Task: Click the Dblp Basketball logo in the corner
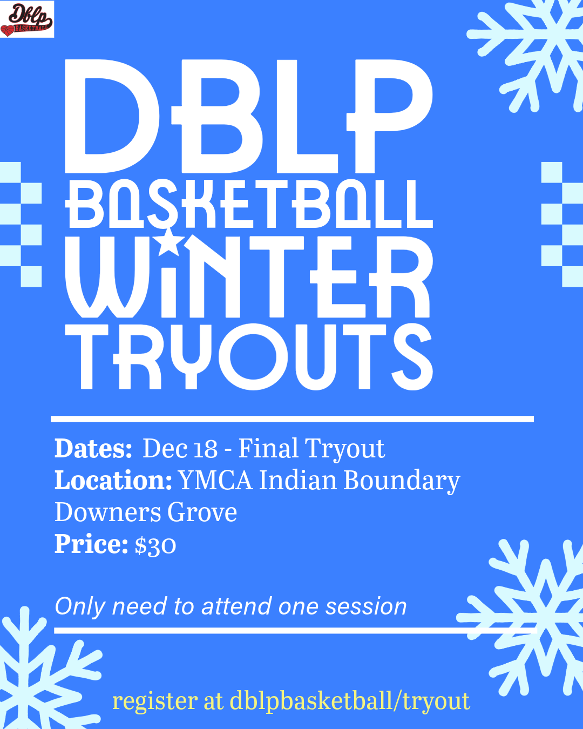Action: [27, 19]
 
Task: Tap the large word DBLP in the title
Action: [248, 116]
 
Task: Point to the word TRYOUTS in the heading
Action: [248, 356]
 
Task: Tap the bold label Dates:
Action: [93, 449]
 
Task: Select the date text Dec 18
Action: [180, 449]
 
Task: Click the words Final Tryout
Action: [311, 449]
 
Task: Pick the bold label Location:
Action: [113, 481]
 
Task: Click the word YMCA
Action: [215, 481]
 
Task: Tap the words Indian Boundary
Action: [359, 481]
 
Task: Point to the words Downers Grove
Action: [146, 512]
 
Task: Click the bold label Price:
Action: [91, 544]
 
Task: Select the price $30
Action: [155, 545]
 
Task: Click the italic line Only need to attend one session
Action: [231, 606]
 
